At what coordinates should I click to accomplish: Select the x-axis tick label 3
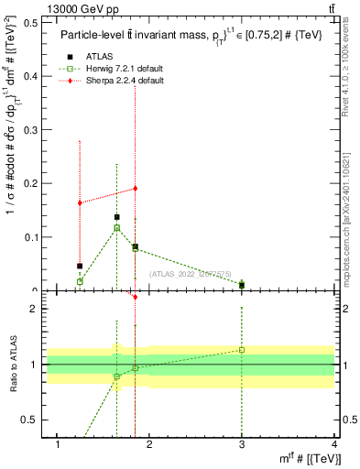pyautogui.click(x=242, y=444)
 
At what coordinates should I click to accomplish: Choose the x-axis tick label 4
pyautogui.click(x=334, y=444)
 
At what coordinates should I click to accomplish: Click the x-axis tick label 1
pyautogui.click(x=59, y=444)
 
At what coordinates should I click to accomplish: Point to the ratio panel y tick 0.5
pyautogui.click(x=29, y=420)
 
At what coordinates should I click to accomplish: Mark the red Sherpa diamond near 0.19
pyautogui.click(x=135, y=189)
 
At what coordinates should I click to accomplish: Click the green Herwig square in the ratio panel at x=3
pyautogui.click(x=242, y=350)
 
